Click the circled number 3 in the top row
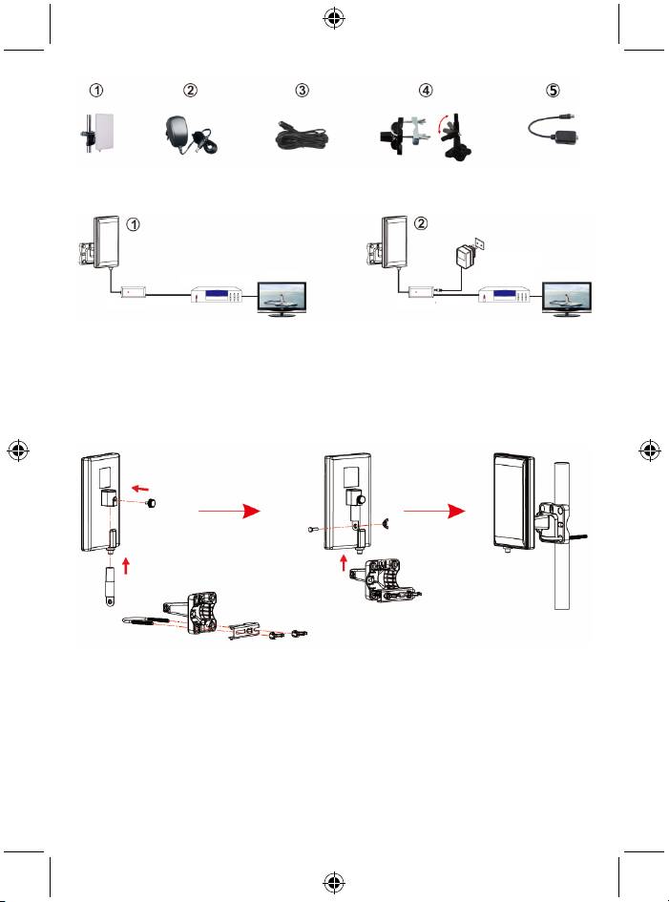pos(303,91)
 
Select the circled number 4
pos(427,91)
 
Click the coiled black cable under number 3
pos(301,138)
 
